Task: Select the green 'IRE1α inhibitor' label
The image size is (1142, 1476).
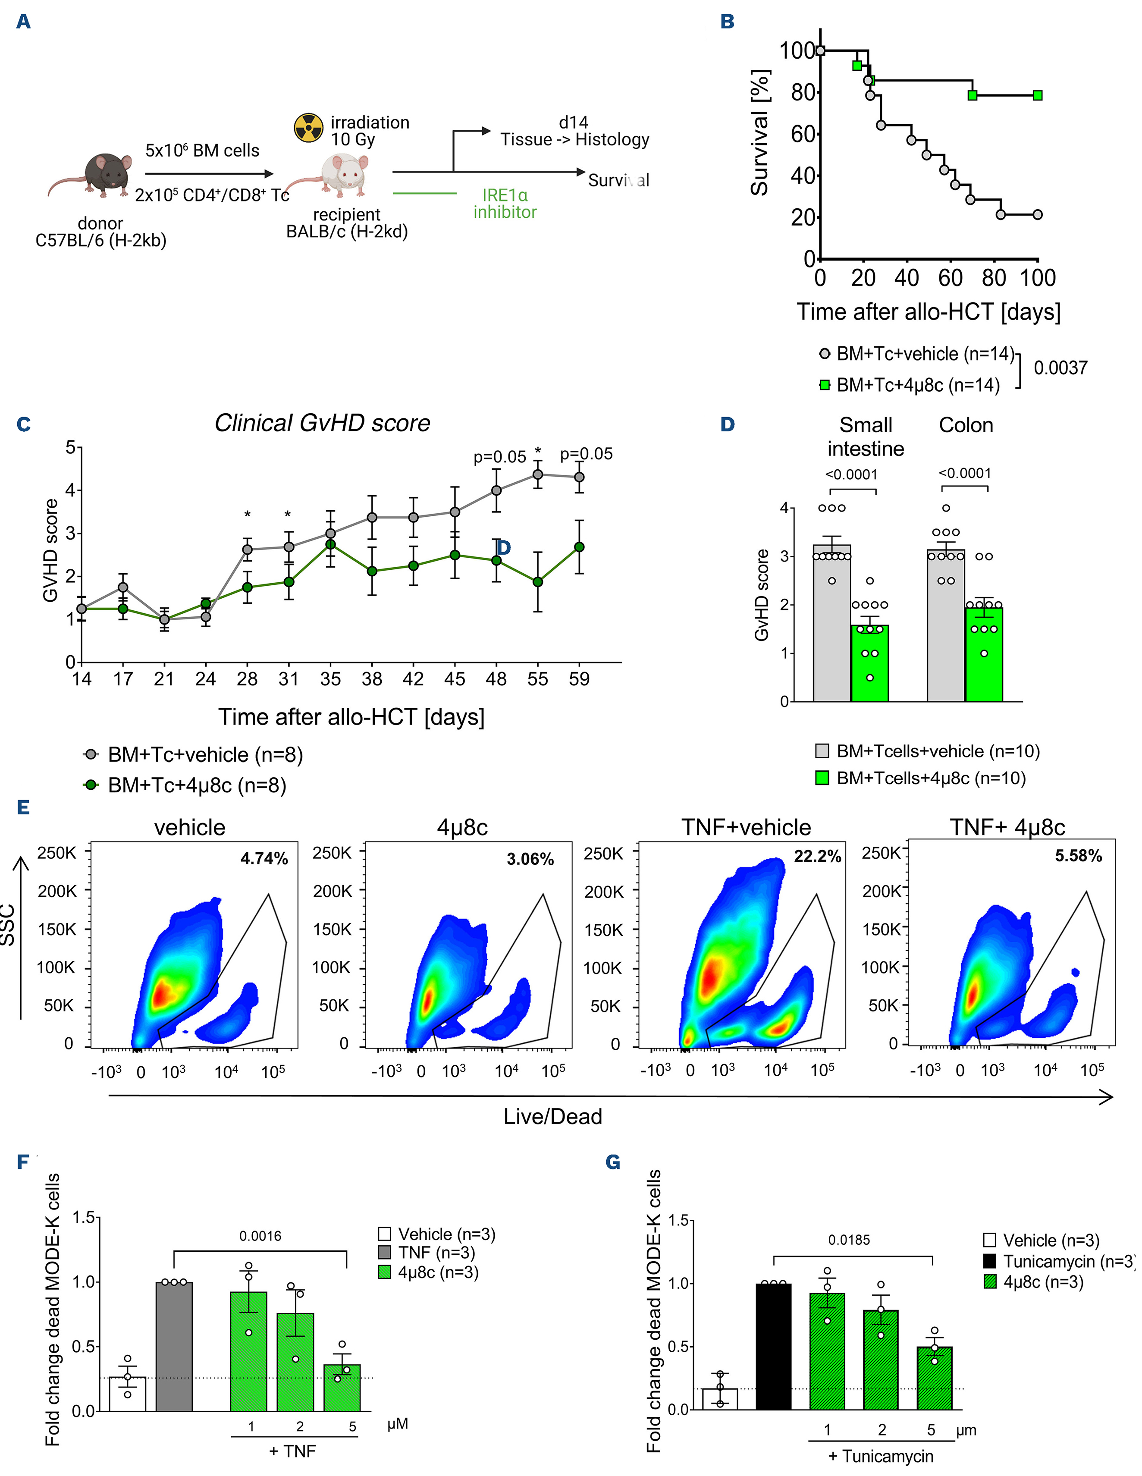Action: pos(504,204)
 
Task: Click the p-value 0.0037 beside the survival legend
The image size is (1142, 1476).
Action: pos(1060,368)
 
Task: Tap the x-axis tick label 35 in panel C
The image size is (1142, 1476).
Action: pos(330,678)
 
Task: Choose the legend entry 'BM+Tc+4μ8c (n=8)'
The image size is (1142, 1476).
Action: pos(196,785)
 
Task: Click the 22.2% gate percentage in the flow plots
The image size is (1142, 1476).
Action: pos(817,857)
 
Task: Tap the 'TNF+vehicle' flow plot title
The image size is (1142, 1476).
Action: pos(746,827)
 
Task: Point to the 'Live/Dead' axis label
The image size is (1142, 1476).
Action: pos(552,1116)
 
